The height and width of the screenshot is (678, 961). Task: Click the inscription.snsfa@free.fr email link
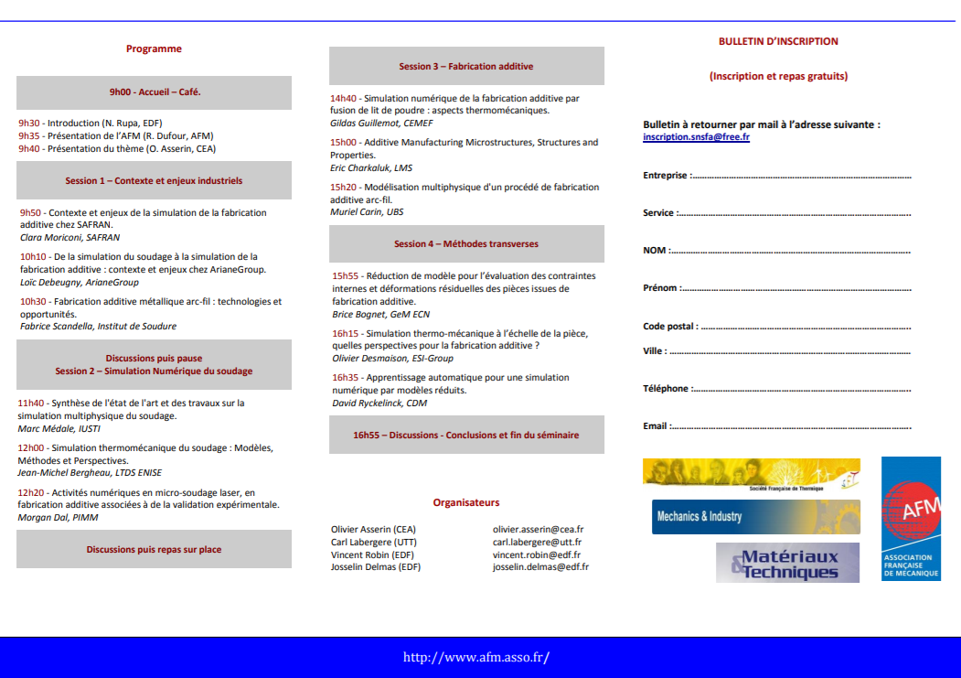(696, 136)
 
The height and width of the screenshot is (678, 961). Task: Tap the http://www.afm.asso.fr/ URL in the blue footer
(476, 657)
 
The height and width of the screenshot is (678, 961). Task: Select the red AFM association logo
(911, 519)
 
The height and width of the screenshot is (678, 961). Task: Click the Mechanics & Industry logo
(755, 517)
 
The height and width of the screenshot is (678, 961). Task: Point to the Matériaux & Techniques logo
(787, 563)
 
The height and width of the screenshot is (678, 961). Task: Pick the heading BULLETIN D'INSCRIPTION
(778, 41)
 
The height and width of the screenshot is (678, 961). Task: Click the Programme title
(154, 49)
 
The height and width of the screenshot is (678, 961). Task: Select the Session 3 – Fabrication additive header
(466, 66)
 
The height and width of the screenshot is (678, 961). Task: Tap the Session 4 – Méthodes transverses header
(466, 244)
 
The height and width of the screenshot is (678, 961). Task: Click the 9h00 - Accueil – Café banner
(155, 92)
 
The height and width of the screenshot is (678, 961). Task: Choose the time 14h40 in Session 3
(344, 98)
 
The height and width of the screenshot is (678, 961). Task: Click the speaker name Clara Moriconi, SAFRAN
(70, 237)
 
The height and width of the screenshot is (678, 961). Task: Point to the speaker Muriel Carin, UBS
(367, 212)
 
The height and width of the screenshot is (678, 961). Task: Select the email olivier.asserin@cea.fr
(539, 529)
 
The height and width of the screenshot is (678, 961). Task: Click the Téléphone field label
(667, 389)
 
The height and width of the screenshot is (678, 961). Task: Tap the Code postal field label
(670, 326)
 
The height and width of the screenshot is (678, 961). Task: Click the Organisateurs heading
(466, 502)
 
